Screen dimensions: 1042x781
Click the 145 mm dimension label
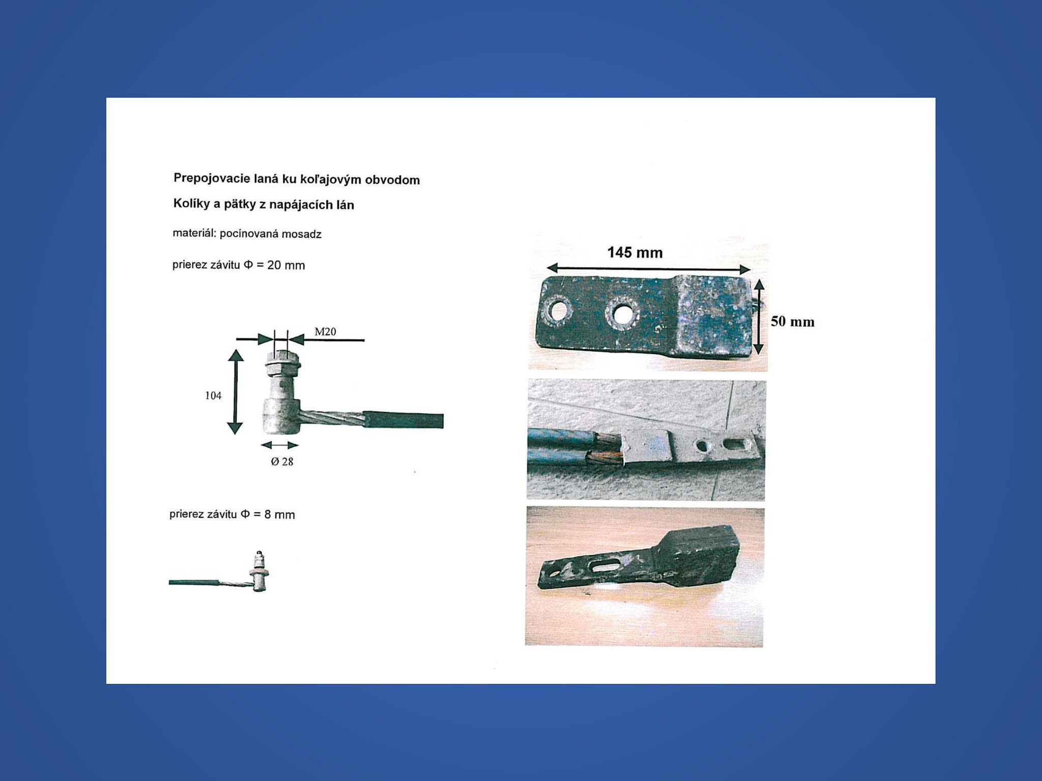coord(635,253)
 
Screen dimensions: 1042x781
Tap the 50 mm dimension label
coord(792,321)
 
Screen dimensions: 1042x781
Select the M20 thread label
coord(325,332)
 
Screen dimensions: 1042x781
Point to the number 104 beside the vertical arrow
coord(213,396)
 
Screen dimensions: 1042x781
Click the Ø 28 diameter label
coord(282,462)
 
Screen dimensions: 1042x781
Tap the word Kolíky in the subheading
coord(191,203)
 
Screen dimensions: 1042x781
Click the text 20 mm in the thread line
coord(286,265)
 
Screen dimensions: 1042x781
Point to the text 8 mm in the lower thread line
coord(279,515)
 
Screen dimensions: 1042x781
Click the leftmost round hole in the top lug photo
coord(558,310)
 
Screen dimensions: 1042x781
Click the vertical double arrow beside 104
coord(236,392)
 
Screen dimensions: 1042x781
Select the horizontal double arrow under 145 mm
coord(649,269)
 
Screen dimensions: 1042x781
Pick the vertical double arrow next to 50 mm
coord(759,316)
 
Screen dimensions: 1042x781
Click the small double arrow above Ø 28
coord(280,445)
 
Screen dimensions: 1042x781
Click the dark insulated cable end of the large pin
coord(402,420)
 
